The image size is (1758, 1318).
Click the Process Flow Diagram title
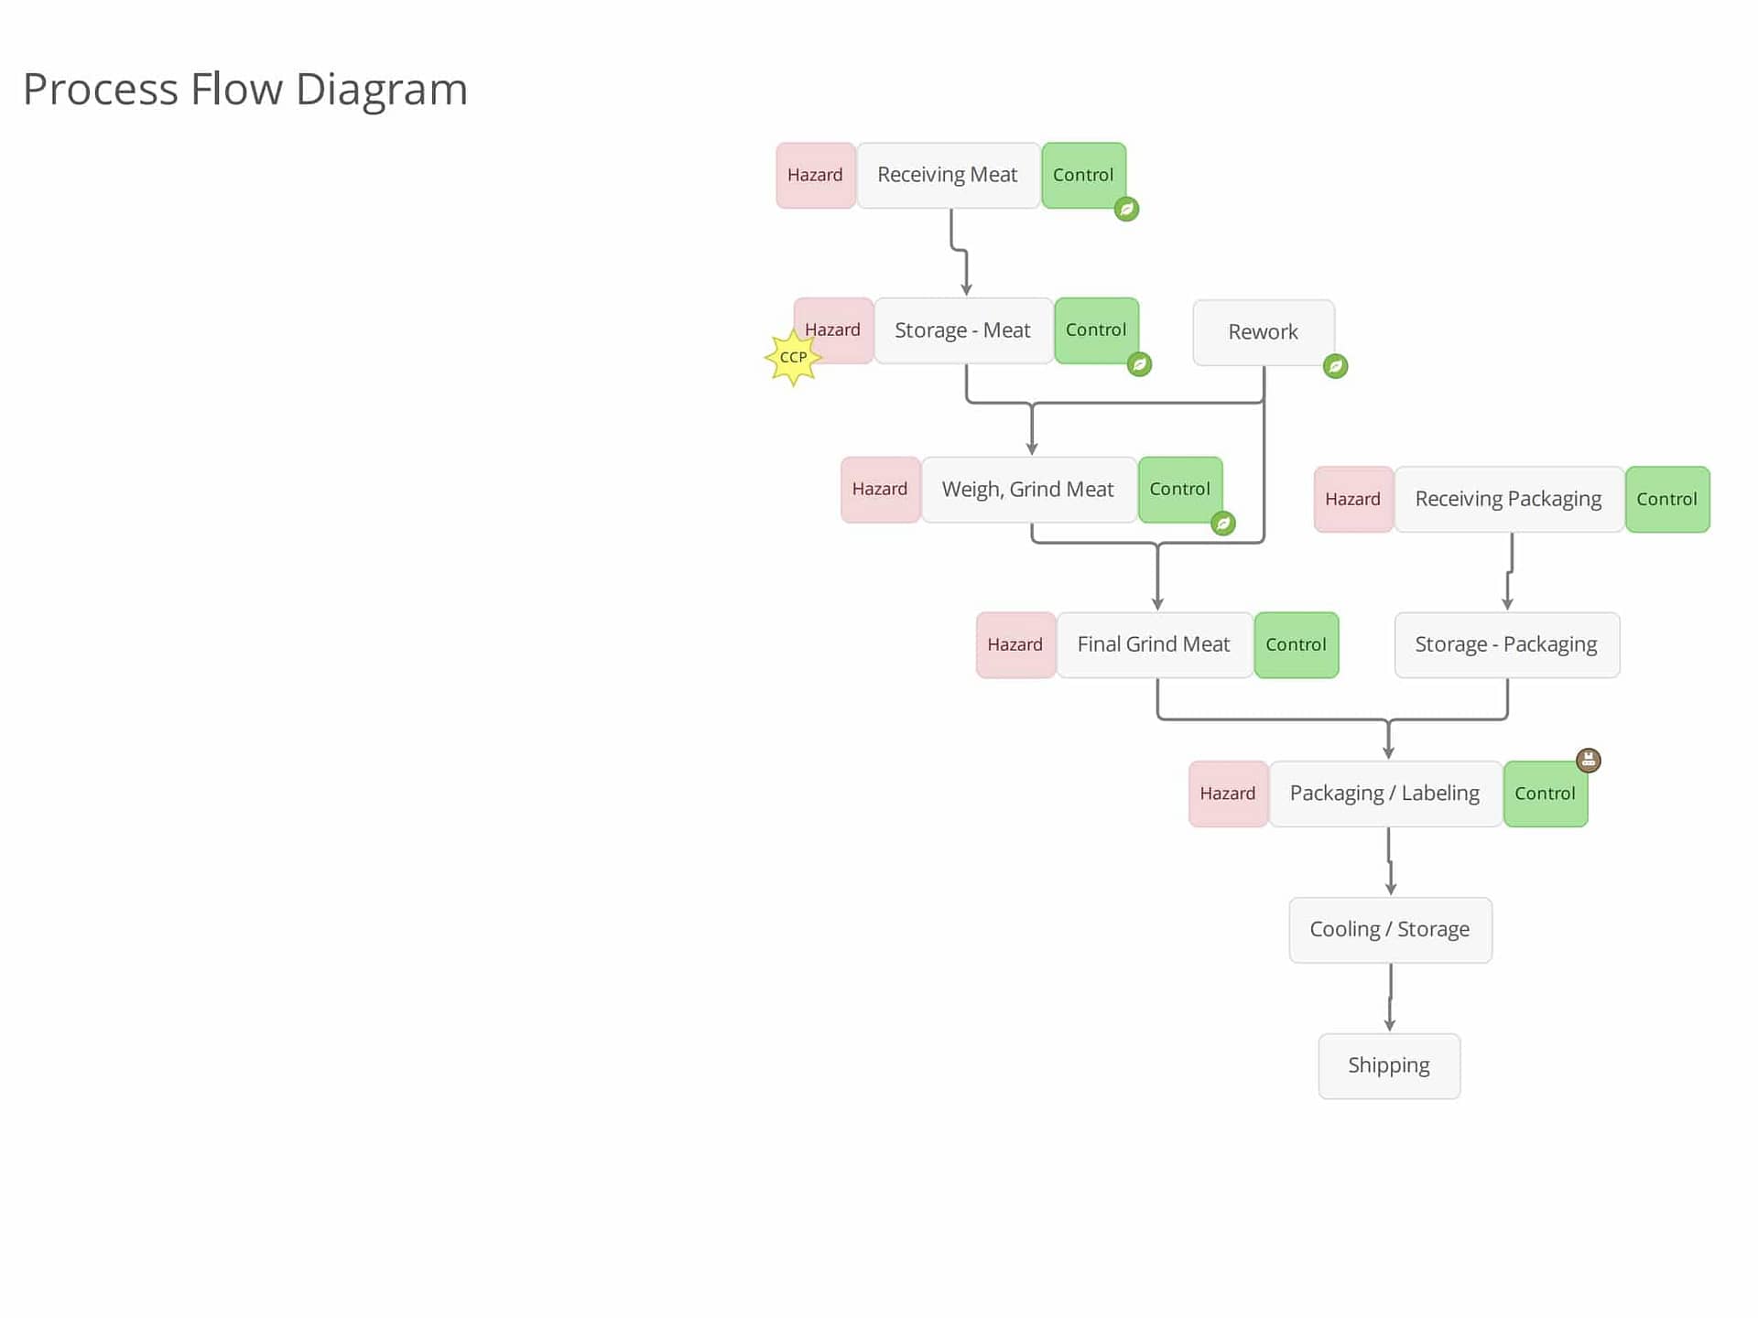[x=245, y=90]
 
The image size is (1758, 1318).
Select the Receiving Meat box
[x=948, y=175]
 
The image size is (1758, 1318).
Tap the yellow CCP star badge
[x=793, y=357]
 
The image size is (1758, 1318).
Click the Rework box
[x=1264, y=332]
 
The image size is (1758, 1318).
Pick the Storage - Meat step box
[x=963, y=330]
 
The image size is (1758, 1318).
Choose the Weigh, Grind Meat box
[x=1028, y=490]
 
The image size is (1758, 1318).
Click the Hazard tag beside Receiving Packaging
[x=1353, y=499]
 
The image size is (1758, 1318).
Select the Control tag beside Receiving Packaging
[x=1667, y=499]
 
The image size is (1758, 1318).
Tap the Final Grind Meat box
[x=1154, y=644]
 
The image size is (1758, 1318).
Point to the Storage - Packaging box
[x=1507, y=644]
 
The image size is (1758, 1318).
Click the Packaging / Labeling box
[x=1385, y=794]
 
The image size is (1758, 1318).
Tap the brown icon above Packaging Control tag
[x=1589, y=760]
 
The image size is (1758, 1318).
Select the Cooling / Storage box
[x=1390, y=930]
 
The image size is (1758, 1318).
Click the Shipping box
[x=1389, y=1065]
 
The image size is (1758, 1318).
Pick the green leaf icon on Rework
[x=1336, y=366]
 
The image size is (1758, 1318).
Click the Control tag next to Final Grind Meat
[x=1297, y=644]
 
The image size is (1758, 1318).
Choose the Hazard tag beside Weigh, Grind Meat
[x=880, y=490]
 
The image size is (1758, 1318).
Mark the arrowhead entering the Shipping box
[x=1390, y=1026]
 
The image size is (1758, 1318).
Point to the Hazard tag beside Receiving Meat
[x=816, y=175]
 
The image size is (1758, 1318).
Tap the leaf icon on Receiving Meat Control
[x=1127, y=209]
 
